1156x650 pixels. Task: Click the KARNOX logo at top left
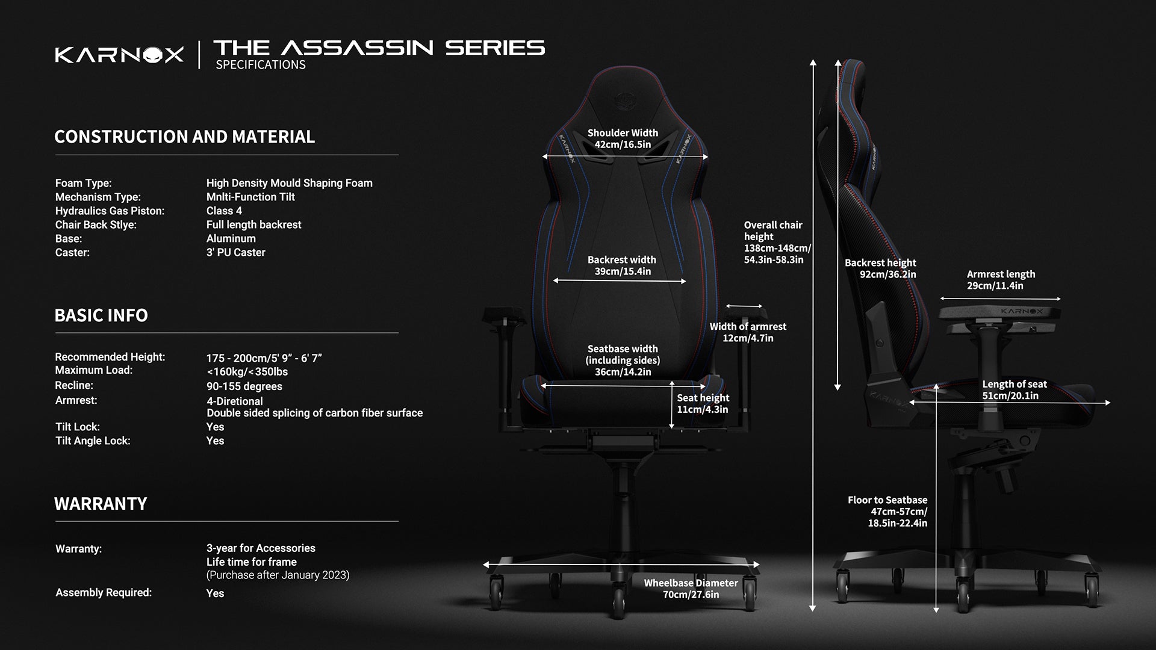click(x=119, y=55)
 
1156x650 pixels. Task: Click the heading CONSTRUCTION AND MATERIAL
click(x=184, y=137)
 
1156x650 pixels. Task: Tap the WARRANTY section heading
click(x=101, y=504)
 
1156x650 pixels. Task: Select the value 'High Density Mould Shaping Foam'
click(x=289, y=183)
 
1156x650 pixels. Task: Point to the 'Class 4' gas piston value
click(x=224, y=211)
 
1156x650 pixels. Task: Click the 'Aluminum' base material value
click(x=231, y=238)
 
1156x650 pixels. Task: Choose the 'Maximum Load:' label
click(x=93, y=370)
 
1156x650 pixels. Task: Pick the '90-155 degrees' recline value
click(x=244, y=386)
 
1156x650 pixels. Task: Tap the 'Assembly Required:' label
click(x=104, y=593)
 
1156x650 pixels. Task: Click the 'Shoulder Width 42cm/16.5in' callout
click(x=623, y=138)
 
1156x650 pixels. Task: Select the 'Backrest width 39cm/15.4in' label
click(x=622, y=265)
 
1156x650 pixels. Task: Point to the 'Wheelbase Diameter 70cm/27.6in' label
click(x=691, y=589)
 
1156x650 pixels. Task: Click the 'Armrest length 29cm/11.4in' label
click(x=1001, y=280)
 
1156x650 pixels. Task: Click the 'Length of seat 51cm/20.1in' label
click(x=1015, y=390)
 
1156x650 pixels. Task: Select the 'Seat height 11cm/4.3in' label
click(x=703, y=403)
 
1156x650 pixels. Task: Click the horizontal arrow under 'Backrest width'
click(x=620, y=281)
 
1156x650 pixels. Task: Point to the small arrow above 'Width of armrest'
click(x=744, y=306)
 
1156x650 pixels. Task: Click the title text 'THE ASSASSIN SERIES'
click(x=379, y=48)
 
